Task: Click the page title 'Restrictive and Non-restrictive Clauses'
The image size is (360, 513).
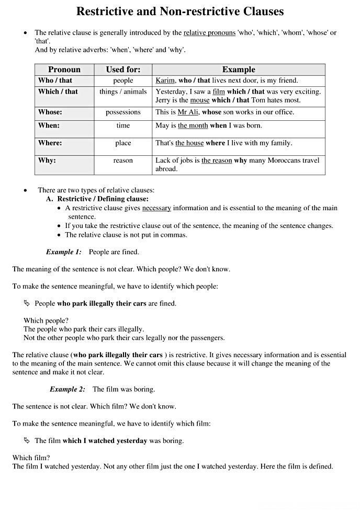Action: pos(180,11)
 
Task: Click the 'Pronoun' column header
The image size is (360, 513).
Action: pos(64,70)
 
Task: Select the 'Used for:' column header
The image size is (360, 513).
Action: pos(123,70)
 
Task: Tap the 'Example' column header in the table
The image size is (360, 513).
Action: pos(239,70)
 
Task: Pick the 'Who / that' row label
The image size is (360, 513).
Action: pos(55,81)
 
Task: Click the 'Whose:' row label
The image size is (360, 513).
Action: pos(50,112)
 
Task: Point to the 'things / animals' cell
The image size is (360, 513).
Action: pos(123,92)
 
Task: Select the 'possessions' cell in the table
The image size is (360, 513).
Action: pos(123,112)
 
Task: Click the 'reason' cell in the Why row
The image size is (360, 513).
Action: pos(123,161)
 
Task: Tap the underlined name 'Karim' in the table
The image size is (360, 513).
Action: pos(165,81)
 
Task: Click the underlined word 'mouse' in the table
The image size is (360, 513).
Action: pos(199,100)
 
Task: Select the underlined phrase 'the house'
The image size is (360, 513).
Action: pos(189,143)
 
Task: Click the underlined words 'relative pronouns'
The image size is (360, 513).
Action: pos(209,32)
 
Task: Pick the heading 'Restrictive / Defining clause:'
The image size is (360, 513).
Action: pos(103,199)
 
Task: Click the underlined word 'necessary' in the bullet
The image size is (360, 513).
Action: pos(156,208)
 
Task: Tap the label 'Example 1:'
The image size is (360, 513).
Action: pos(64,252)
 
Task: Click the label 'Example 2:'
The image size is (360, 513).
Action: pos(67,389)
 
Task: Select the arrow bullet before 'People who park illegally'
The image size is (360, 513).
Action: pos(27,303)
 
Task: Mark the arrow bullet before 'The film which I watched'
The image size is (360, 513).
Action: pos(27,440)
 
